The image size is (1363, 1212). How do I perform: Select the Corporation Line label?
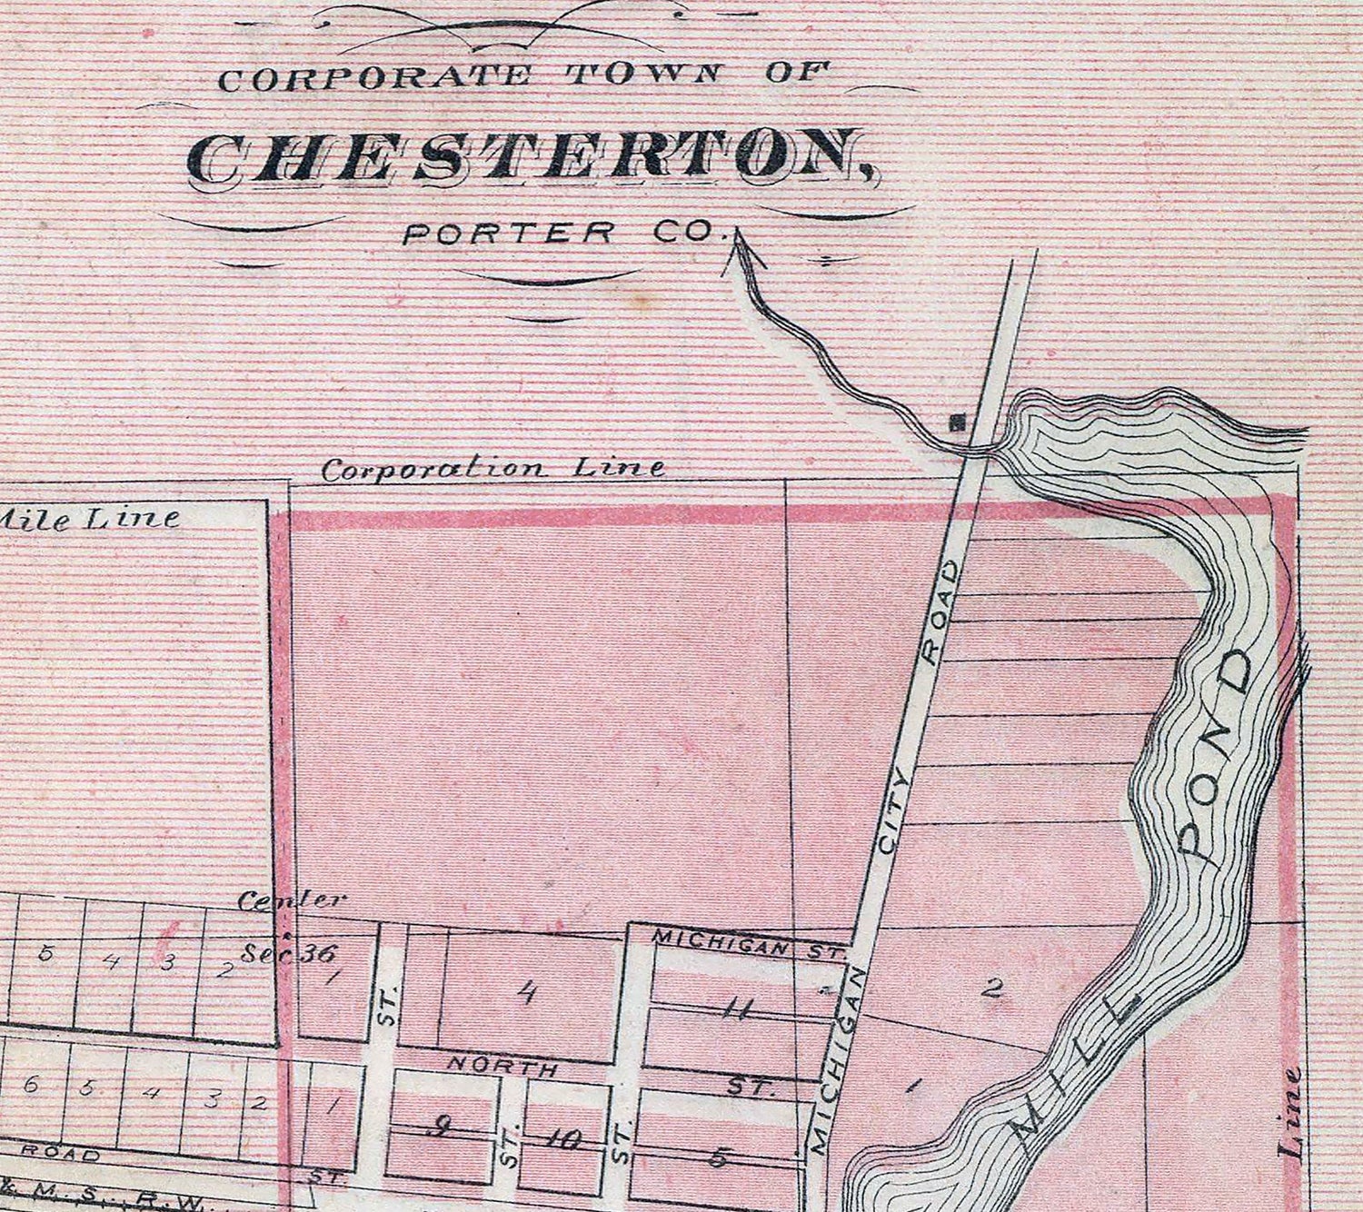click(x=493, y=469)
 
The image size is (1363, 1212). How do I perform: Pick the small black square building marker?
click(x=956, y=422)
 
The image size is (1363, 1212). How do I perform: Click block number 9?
click(x=442, y=1129)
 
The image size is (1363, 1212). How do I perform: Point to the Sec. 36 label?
click(x=290, y=953)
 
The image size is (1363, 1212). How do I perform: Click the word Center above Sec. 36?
click(x=293, y=901)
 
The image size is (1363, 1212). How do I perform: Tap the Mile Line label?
click(x=91, y=518)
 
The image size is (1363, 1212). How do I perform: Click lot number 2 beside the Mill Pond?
click(x=993, y=988)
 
